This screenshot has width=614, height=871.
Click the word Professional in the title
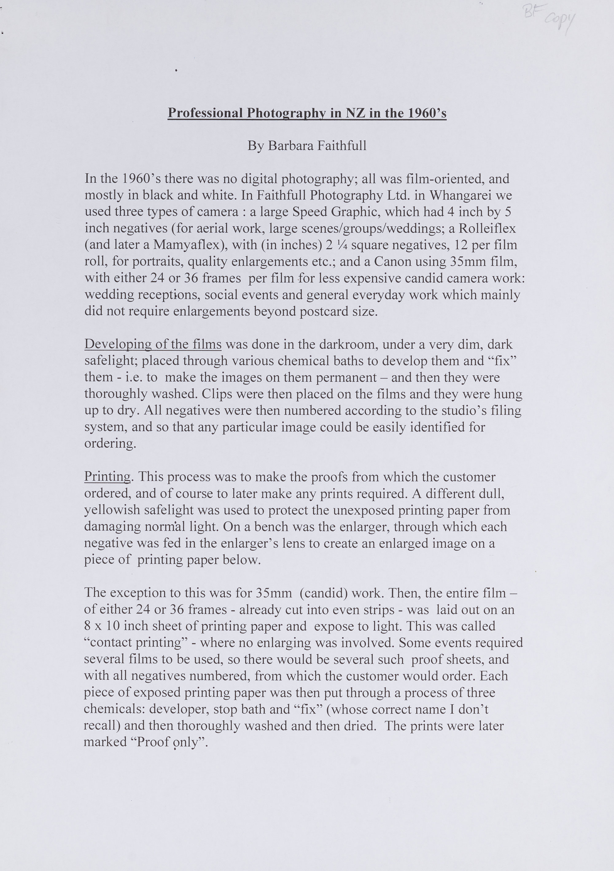[205, 113]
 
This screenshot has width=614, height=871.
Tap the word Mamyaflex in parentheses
[186, 245]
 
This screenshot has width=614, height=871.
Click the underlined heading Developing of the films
[153, 345]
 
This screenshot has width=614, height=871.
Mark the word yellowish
[112, 511]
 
